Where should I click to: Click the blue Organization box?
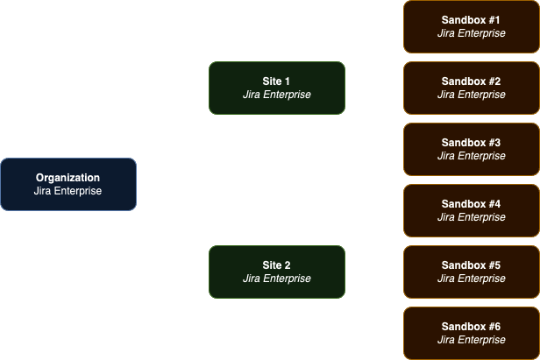pyautogui.click(x=68, y=184)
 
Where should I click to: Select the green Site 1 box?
pyautogui.click(x=277, y=88)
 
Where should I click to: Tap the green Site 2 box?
pyautogui.click(x=277, y=272)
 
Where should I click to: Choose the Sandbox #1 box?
pyautogui.click(x=471, y=26)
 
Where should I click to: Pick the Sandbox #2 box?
pyautogui.click(x=471, y=88)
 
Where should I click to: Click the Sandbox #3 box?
pyautogui.click(x=471, y=149)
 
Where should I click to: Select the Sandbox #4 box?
pyautogui.click(x=471, y=210)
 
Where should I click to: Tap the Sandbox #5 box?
pyautogui.click(x=471, y=272)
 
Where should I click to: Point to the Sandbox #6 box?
pyautogui.click(x=471, y=333)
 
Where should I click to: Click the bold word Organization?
pyautogui.click(x=68, y=178)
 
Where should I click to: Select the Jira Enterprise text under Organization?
pyautogui.click(x=68, y=191)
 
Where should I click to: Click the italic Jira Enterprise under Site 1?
pyautogui.click(x=277, y=95)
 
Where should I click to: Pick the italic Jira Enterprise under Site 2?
pyautogui.click(x=277, y=279)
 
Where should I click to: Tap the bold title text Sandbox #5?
pyautogui.click(x=471, y=265)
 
